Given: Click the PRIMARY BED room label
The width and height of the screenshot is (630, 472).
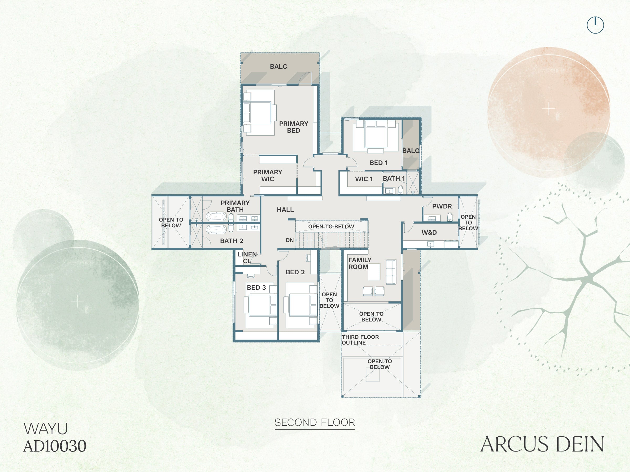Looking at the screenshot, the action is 293,127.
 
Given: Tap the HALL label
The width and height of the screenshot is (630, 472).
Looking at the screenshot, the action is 285,210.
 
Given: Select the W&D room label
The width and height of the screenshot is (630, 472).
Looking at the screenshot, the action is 429,232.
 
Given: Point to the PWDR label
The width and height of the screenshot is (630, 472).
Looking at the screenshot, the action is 442,206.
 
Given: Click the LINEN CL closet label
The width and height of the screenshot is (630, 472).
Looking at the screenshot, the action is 247,258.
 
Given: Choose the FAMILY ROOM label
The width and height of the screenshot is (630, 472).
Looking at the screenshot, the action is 360,264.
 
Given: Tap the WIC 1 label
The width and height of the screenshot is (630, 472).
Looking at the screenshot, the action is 364,179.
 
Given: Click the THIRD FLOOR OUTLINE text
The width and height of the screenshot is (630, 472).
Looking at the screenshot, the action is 360,340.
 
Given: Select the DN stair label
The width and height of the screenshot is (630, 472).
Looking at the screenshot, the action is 290,240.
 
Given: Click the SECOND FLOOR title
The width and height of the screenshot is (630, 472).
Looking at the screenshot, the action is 315,422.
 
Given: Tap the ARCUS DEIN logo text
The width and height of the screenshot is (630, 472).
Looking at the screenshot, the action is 542,444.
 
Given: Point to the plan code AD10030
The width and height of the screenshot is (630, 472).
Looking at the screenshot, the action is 55,446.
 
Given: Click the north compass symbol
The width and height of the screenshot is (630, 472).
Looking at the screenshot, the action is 595,25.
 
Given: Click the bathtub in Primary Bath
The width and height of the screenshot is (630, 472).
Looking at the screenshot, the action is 216,217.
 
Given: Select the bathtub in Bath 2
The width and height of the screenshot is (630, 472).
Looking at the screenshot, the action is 216,229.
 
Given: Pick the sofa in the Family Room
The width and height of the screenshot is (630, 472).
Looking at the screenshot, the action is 391,272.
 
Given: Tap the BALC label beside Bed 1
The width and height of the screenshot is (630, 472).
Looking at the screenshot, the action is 411,151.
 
